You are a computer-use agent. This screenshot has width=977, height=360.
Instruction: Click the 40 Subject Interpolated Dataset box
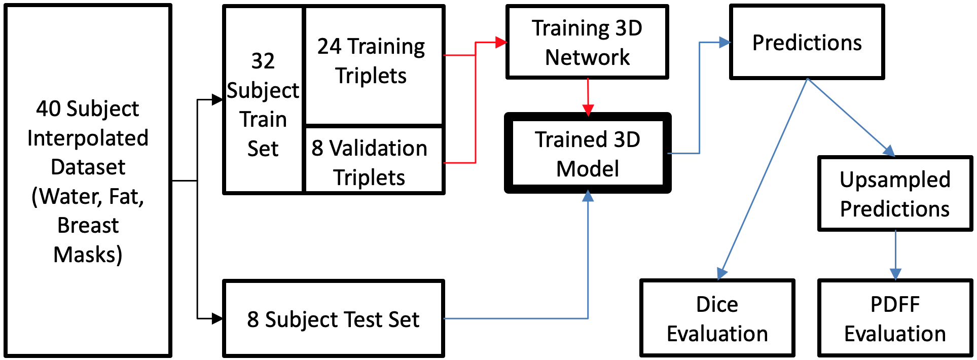point(88,181)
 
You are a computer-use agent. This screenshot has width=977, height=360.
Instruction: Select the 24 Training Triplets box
point(374,65)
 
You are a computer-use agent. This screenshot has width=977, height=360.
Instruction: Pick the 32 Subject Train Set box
point(263,100)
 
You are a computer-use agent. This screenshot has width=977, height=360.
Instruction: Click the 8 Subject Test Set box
point(334,318)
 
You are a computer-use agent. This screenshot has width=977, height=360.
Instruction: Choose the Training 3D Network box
point(587,42)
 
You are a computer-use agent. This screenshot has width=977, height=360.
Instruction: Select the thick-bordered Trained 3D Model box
point(588,153)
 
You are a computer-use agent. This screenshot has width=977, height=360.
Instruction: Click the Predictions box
point(807,42)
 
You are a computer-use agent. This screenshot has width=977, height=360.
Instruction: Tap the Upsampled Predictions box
point(895,194)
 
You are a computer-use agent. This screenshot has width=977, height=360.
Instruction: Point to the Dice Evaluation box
point(717,318)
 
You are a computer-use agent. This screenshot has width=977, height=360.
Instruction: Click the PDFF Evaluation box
point(895,318)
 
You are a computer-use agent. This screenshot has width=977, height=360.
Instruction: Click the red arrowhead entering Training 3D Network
point(501,43)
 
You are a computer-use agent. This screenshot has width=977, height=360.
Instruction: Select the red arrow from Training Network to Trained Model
point(588,97)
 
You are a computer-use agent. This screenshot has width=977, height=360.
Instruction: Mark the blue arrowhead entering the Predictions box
point(725,43)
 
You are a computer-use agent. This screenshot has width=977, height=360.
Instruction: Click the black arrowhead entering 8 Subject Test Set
point(217,318)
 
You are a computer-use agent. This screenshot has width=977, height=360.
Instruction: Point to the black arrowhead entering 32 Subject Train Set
point(217,100)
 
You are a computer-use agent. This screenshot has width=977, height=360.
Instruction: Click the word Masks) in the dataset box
point(88,255)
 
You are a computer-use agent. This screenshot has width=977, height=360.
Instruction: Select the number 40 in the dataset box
point(48,109)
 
